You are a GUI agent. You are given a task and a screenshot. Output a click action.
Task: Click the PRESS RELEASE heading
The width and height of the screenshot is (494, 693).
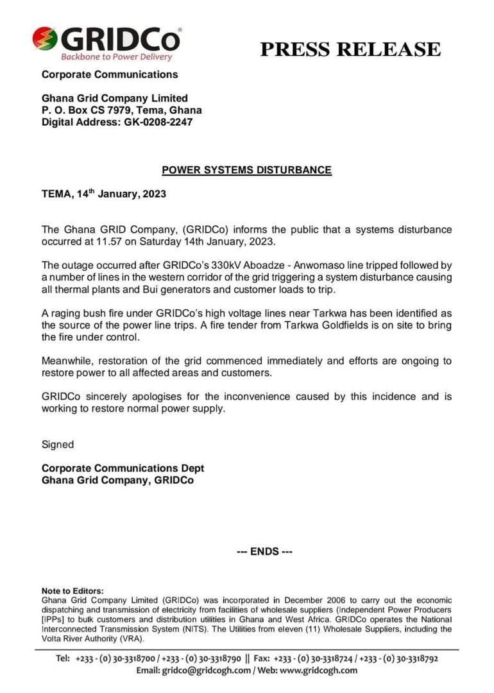[x=350, y=49]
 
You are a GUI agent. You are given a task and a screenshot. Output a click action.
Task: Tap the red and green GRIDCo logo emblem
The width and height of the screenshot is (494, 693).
[x=45, y=39]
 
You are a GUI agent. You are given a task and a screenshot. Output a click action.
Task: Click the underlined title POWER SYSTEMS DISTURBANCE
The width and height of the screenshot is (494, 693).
[x=246, y=170]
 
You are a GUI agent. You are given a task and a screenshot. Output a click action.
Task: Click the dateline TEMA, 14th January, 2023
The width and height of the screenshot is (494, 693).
[x=104, y=194]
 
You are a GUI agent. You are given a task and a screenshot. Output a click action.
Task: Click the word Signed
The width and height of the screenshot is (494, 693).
[x=58, y=445]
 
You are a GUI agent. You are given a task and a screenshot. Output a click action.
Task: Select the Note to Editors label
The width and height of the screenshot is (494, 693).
[x=72, y=591]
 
